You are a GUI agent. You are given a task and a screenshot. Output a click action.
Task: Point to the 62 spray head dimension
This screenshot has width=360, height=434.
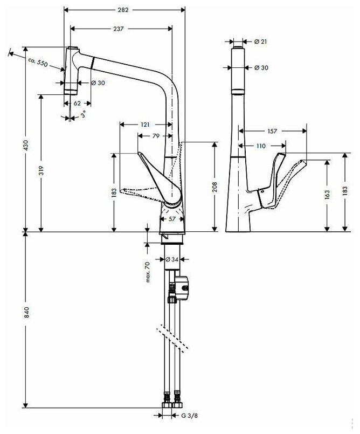pyautogui.click(x=77, y=101)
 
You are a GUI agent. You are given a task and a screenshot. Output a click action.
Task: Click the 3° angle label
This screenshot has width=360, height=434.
pyautogui.click(x=82, y=115)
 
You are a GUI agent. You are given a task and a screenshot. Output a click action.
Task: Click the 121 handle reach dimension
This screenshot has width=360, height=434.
pyautogui.click(x=144, y=125)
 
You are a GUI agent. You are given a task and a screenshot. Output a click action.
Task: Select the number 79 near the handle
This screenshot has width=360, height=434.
pyautogui.click(x=156, y=136)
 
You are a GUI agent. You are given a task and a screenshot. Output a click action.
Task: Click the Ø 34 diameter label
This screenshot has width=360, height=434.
pyautogui.click(x=171, y=259)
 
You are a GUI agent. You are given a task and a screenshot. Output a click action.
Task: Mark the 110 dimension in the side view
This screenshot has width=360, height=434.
pyautogui.click(x=262, y=146)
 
